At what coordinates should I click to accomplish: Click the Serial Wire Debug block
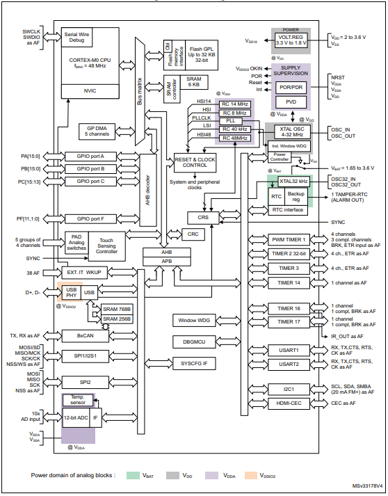coord(79,37)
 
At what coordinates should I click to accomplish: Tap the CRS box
coord(202,218)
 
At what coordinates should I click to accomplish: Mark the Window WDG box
coord(194,320)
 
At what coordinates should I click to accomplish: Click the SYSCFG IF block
coord(194,363)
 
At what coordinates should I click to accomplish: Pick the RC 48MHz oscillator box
coord(236,138)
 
